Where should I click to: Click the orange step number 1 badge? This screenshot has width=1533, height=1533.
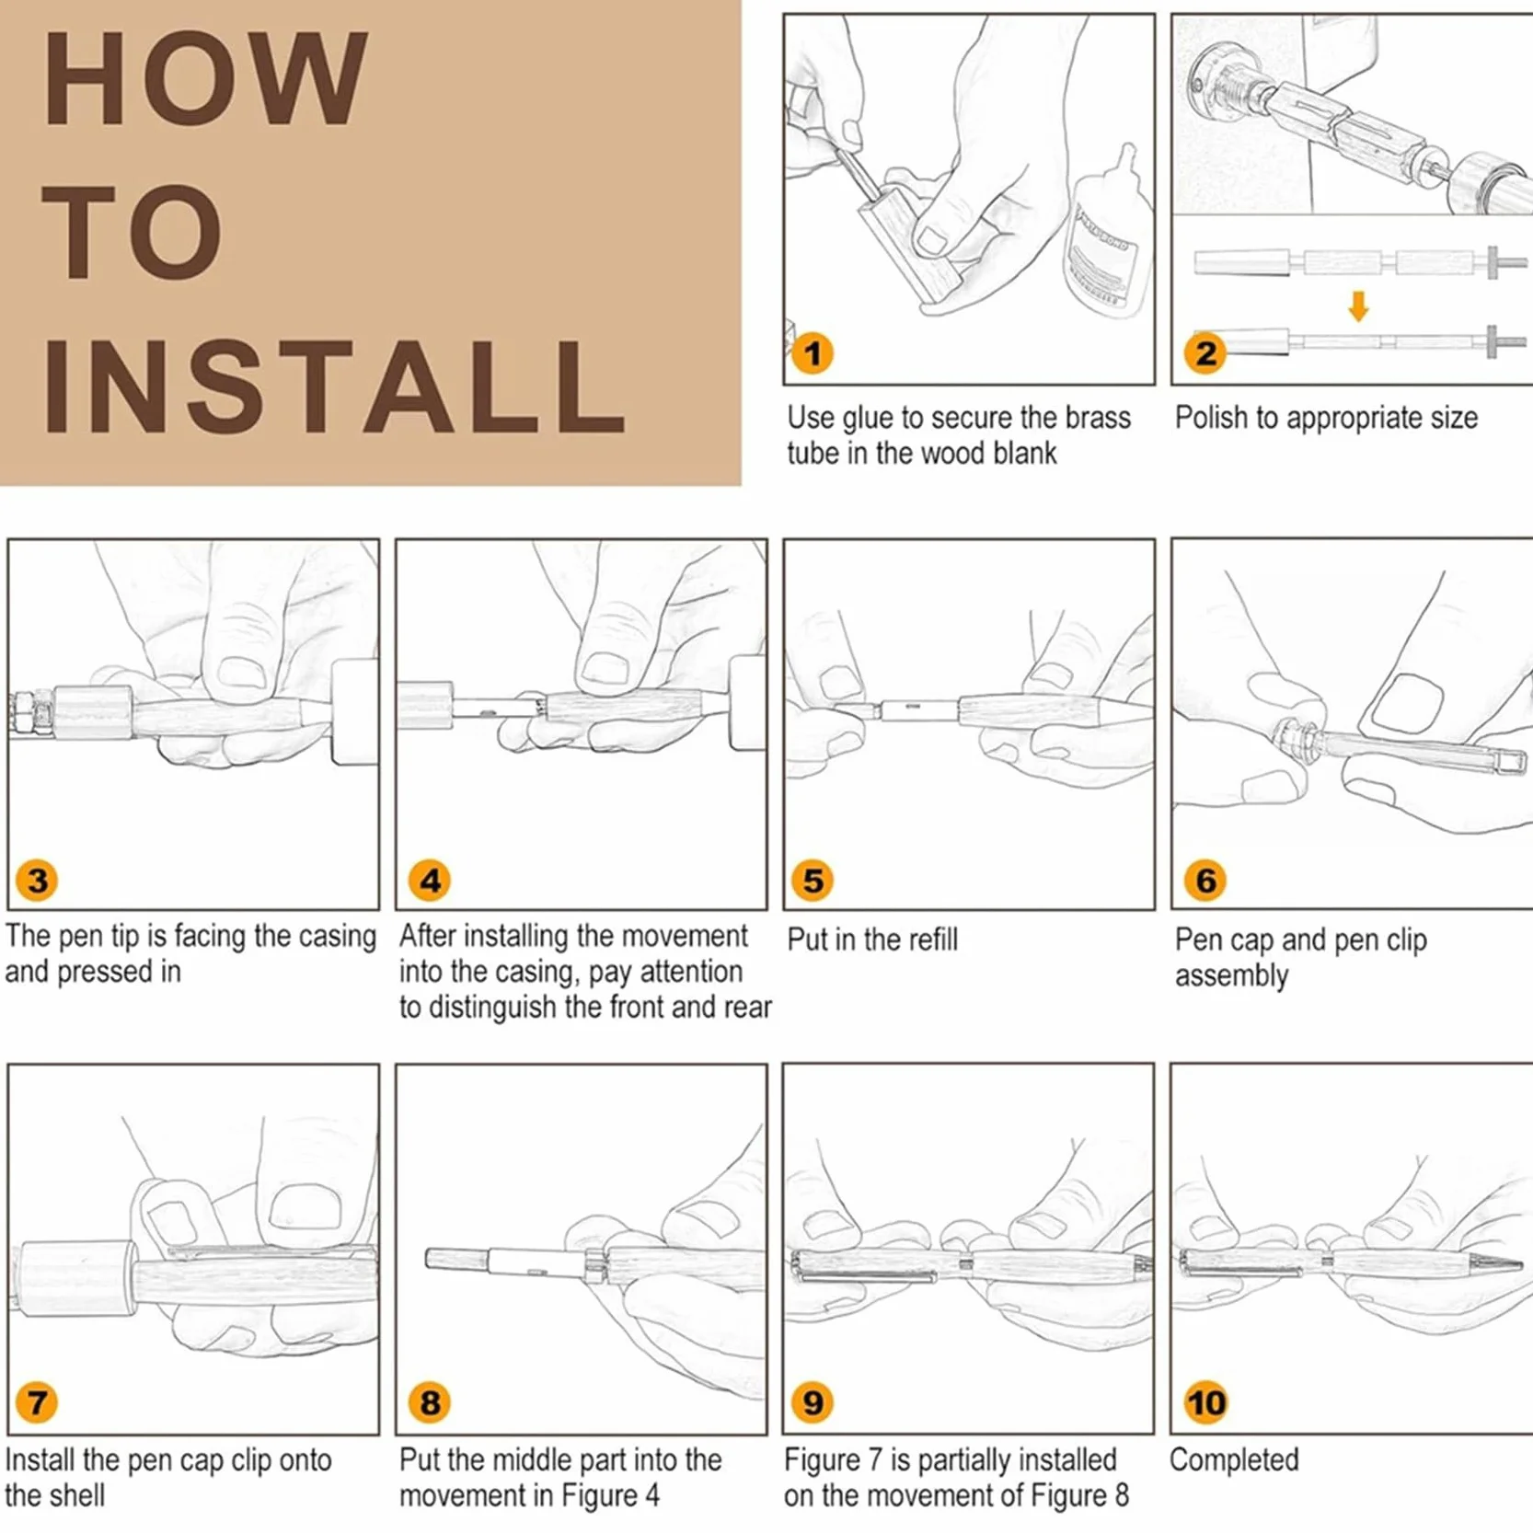point(813,353)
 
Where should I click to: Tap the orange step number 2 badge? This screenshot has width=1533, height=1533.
point(1205,353)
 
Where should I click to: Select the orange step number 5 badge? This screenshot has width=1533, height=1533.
point(813,880)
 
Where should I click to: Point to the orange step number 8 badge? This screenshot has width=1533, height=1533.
point(430,1402)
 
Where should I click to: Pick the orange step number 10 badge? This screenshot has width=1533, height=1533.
point(1205,1402)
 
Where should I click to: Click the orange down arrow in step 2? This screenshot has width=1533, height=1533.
point(1358,305)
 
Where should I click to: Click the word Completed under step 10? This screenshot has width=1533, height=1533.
point(1234,1459)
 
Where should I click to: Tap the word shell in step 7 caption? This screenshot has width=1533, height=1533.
point(78,1495)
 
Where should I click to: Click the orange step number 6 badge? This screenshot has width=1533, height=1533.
point(1205,880)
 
